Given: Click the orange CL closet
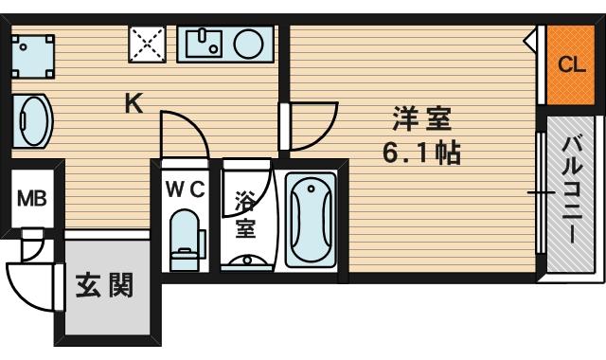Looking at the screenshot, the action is (570, 66).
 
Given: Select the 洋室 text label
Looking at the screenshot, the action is (422, 121).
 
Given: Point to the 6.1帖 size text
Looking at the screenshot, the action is (422, 152).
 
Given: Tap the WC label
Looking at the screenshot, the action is (185, 188).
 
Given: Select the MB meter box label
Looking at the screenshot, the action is (31, 200).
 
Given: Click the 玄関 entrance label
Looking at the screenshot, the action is (104, 286).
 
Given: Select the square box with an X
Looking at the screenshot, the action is (146, 43).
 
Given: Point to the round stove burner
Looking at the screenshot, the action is (249, 43).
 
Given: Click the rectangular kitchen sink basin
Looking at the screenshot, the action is (205, 43).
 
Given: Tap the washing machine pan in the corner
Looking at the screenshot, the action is (31, 53).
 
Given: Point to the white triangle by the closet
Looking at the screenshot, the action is (534, 41).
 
